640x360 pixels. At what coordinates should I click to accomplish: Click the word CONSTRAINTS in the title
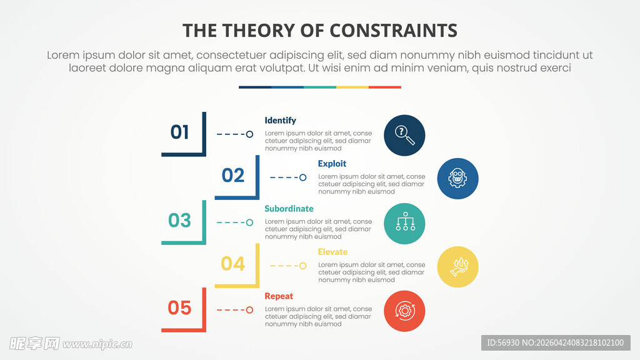[x=393, y=31]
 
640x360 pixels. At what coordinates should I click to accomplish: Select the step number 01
[x=179, y=132]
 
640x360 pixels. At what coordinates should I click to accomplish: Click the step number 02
[x=233, y=176]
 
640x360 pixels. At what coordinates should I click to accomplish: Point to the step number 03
[x=179, y=221]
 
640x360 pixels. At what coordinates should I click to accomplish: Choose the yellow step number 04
[x=233, y=264]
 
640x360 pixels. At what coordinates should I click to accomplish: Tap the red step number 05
[x=179, y=307]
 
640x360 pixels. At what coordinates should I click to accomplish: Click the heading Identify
[x=280, y=121]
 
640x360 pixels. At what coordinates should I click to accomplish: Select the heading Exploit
[x=332, y=164]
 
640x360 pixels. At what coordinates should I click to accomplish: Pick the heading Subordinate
[x=289, y=209]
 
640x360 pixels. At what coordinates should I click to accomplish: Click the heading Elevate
[x=332, y=252]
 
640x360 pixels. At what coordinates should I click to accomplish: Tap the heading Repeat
[x=279, y=296]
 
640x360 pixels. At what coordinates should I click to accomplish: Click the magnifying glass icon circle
[x=404, y=135]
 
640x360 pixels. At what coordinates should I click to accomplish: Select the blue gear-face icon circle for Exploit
[x=457, y=178]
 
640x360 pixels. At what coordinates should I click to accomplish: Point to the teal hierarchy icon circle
[x=404, y=224]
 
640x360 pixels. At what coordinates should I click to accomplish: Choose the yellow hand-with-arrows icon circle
[x=457, y=267]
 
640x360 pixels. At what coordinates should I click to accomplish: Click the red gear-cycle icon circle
[x=404, y=311]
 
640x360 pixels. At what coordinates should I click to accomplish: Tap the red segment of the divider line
[x=385, y=87]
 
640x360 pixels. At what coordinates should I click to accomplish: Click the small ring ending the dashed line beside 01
[x=249, y=134]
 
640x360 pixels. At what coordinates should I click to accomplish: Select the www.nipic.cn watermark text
[x=97, y=344]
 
